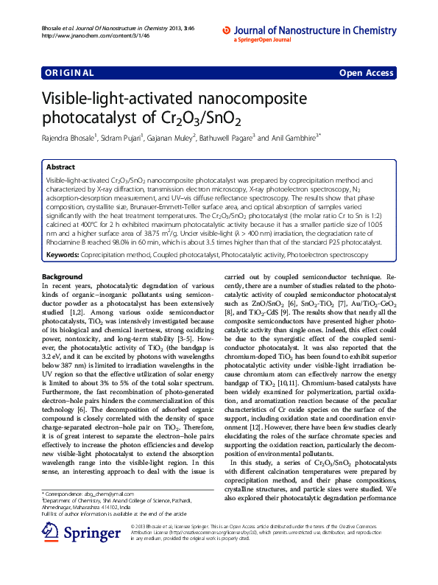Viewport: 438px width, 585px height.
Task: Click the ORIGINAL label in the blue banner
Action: point(69,73)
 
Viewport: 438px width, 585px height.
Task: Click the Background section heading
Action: point(63,276)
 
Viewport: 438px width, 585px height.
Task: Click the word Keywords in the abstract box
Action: point(62,254)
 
